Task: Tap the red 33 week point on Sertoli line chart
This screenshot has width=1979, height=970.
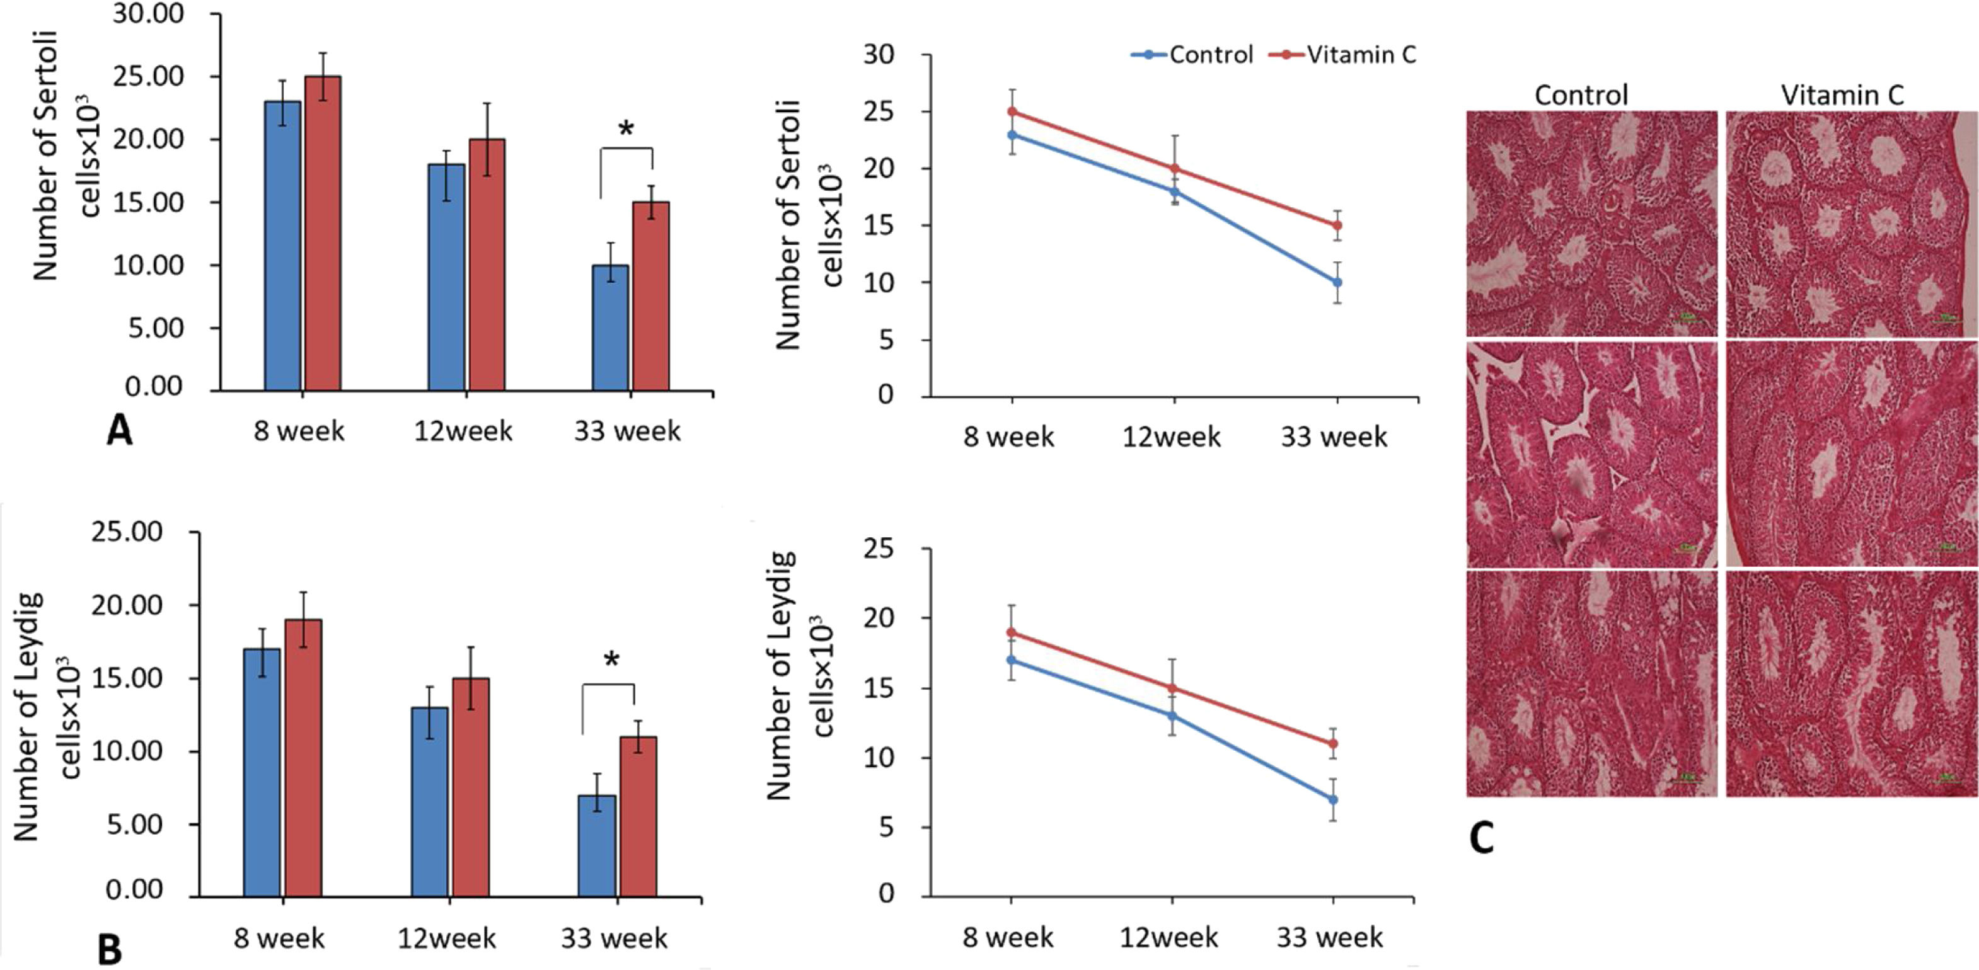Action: (x=1337, y=225)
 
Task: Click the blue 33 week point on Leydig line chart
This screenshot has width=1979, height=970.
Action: (x=1333, y=799)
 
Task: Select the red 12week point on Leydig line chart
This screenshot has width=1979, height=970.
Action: (x=1172, y=688)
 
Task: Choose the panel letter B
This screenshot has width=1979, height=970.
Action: (x=110, y=949)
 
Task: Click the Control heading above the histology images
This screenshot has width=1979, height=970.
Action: (x=1581, y=95)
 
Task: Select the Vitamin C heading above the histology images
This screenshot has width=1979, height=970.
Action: (x=1842, y=95)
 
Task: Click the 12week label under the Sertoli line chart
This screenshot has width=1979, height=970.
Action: (x=1171, y=437)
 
